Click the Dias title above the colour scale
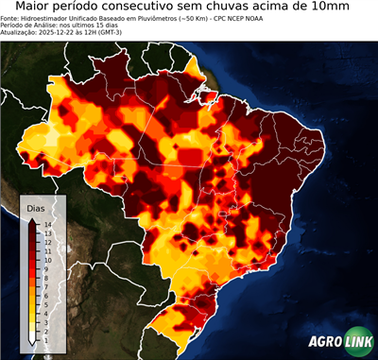(36, 208)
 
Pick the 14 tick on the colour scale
(46, 224)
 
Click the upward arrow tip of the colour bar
(32, 220)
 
